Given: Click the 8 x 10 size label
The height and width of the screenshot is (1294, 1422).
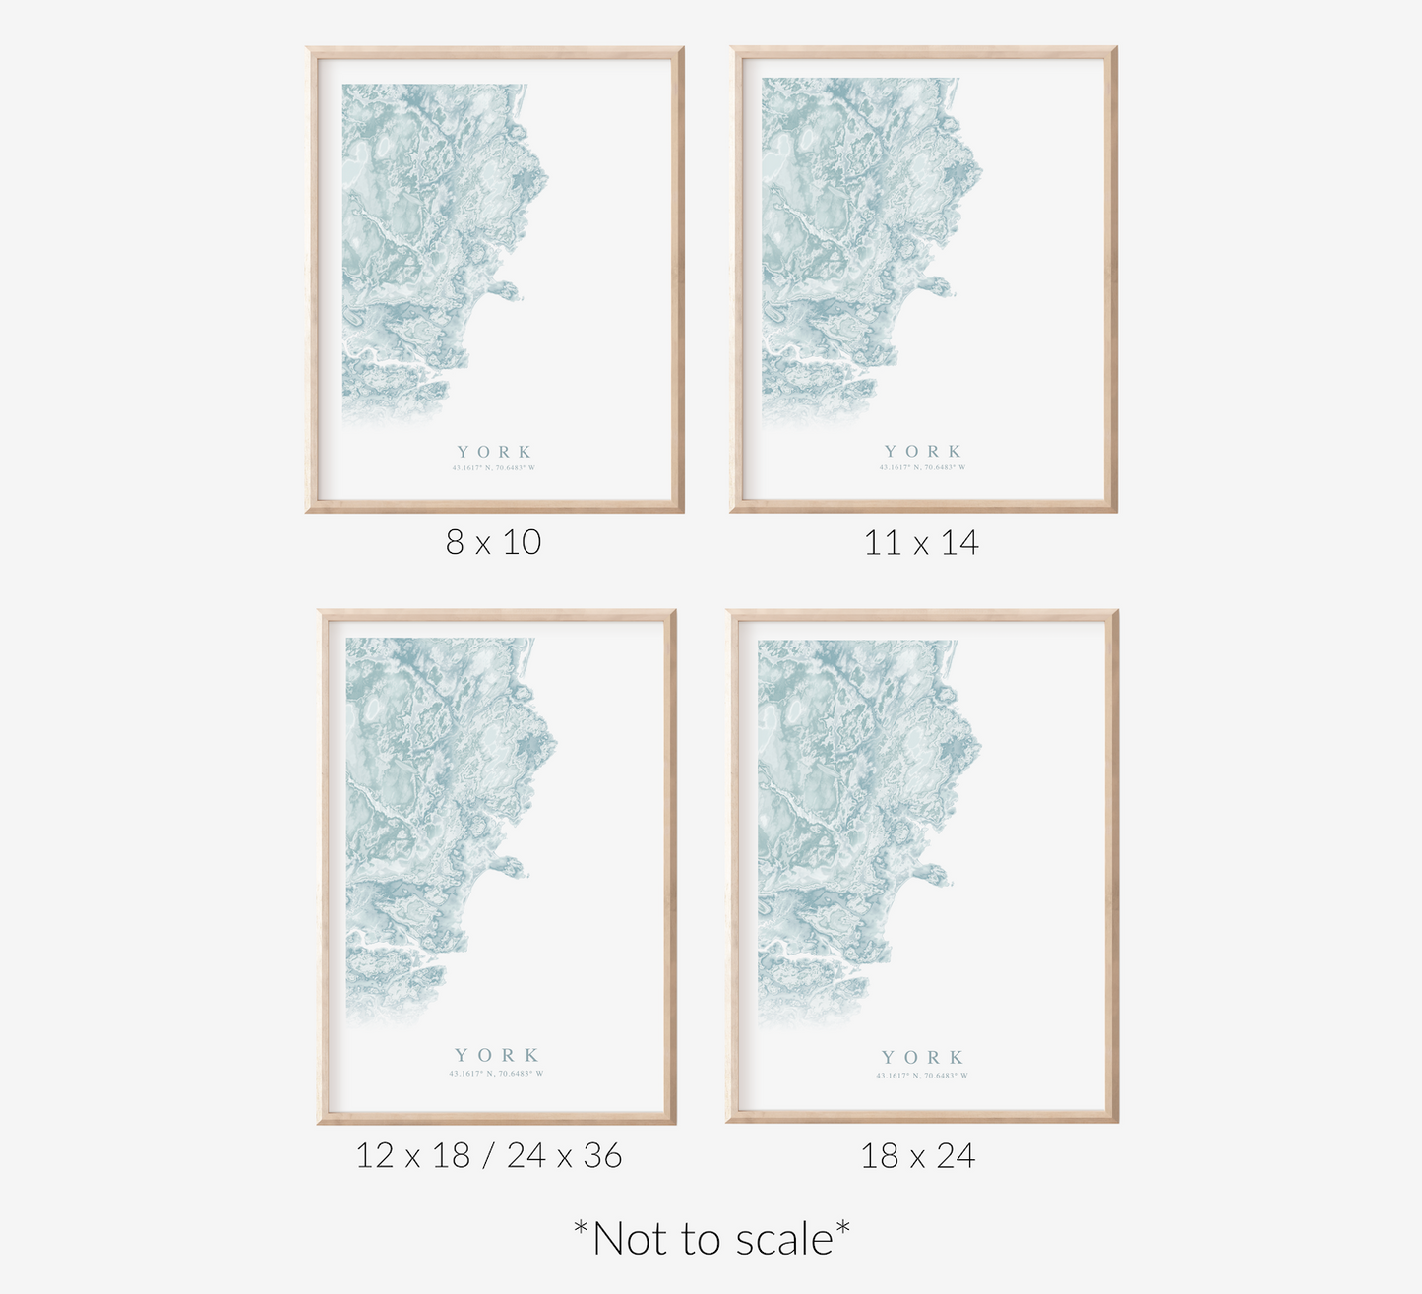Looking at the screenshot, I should [493, 542].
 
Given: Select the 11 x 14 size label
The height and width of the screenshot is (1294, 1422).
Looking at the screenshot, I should [921, 542].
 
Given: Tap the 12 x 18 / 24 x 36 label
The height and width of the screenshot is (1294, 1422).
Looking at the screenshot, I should [488, 1155].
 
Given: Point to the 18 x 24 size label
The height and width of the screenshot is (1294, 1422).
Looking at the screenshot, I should [917, 1155].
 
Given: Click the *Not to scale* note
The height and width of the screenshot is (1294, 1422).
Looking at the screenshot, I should [711, 1238].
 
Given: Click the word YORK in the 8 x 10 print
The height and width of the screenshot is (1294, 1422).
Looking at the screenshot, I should [494, 452].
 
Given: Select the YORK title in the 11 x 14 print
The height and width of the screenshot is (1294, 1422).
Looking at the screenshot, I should [922, 452].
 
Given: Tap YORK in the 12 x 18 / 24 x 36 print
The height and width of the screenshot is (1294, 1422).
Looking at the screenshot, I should [496, 1055].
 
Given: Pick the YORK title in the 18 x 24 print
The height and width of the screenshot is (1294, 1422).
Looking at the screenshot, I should [922, 1058].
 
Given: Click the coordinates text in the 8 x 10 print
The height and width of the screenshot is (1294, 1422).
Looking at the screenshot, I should [494, 468].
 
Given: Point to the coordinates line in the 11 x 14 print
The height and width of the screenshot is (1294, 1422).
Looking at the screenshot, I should [922, 468].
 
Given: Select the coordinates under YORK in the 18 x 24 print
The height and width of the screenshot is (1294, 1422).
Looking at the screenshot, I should [922, 1076].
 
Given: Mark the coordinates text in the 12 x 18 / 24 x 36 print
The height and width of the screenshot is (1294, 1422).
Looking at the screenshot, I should [496, 1073].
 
